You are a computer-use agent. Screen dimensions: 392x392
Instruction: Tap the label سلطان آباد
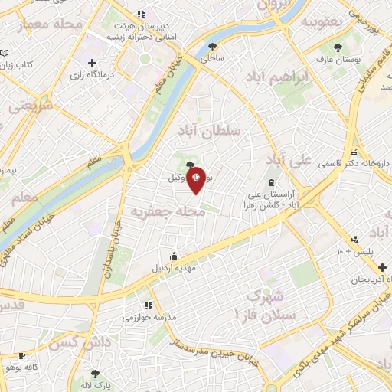(x=208, y=131)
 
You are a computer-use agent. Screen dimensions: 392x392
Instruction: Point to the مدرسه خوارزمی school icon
(x=138, y=305)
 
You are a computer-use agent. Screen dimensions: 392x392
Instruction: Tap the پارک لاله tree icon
(x=95, y=374)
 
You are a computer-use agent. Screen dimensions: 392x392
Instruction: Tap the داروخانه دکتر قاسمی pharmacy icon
(x=354, y=151)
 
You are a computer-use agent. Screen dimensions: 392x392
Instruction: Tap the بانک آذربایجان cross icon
(x=381, y=266)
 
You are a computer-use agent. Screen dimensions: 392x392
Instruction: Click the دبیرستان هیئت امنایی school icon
(x=139, y=14)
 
